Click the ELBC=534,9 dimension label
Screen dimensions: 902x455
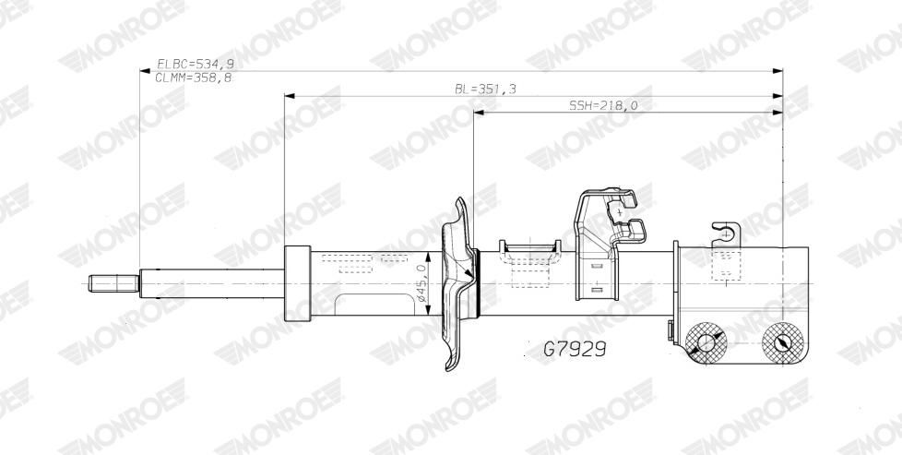tap(195, 64)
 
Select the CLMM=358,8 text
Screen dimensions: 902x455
tap(194, 78)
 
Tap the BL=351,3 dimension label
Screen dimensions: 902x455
tap(485, 89)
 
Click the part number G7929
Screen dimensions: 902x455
tap(575, 349)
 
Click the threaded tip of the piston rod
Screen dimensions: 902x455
tap(113, 283)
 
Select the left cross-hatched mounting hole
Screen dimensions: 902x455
tap(706, 343)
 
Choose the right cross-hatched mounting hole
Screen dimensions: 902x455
tap(782, 343)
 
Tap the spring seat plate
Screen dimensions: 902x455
tap(457, 283)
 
